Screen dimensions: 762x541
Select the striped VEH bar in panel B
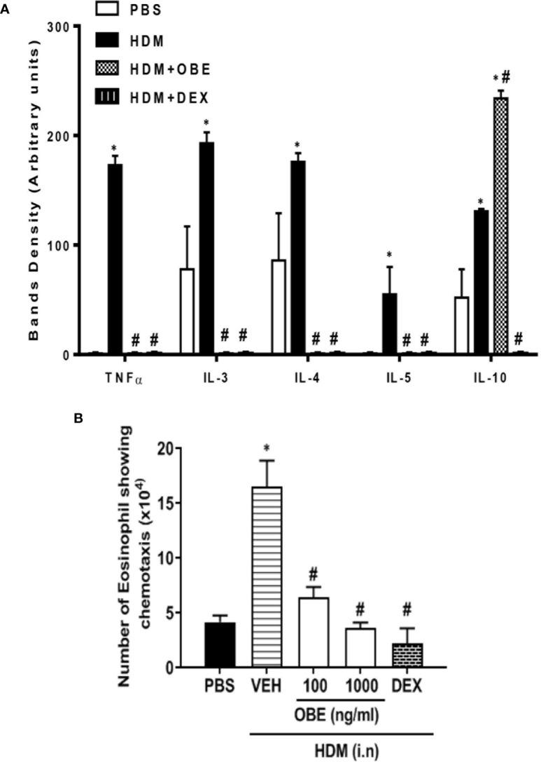coord(262,577)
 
